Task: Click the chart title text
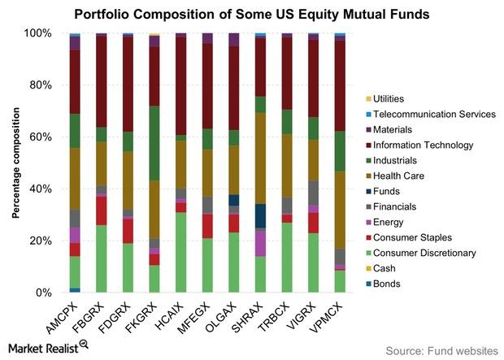coord(252,14)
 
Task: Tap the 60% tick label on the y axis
coord(38,137)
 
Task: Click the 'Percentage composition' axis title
coord(15,163)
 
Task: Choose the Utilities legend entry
coord(385,98)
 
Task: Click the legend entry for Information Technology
coord(419,145)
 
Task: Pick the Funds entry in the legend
coord(383,191)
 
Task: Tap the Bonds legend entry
coord(383,284)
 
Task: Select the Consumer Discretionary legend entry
coord(421,253)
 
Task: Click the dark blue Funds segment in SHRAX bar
coord(260,216)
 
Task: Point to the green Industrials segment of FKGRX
coord(154,143)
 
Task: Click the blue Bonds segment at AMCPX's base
coord(76,290)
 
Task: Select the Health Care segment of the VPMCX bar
coord(340,210)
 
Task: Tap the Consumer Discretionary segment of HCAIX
coord(181,252)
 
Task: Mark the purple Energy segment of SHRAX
coord(260,243)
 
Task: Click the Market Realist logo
coord(48,348)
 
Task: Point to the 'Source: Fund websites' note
coord(441,351)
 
